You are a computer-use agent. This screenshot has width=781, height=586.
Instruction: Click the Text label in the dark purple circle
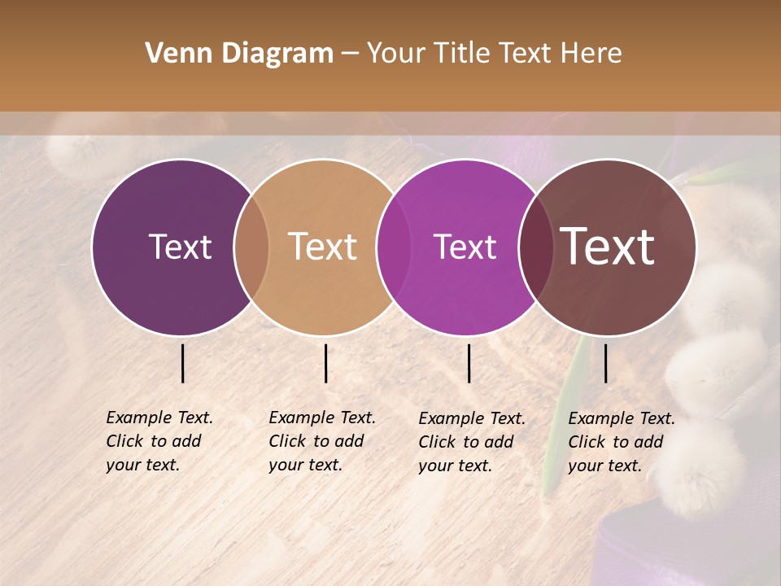tap(180, 247)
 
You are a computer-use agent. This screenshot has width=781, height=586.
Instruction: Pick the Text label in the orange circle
tap(323, 247)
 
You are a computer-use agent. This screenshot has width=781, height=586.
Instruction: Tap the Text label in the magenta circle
tap(465, 247)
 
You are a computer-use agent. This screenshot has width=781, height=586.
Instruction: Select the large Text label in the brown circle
tap(608, 247)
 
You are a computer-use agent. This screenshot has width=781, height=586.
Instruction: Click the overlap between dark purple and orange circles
tap(251, 247)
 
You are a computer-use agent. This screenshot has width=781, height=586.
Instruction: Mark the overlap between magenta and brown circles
tap(535, 247)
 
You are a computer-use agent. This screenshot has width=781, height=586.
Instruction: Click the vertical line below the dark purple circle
tap(182, 363)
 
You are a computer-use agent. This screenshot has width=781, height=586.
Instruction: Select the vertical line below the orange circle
tap(325, 363)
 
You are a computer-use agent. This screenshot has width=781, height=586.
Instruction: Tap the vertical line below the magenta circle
tap(469, 363)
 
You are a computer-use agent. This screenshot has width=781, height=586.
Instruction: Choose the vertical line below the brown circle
tap(605, 363)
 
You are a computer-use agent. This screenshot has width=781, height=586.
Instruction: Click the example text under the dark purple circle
tap(159, 441)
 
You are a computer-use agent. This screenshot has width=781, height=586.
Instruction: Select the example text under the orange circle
tap(321, 441)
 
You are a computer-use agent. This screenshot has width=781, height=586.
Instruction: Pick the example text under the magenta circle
tap(471, 442)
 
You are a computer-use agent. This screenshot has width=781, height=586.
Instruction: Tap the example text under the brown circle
tap(621, 442)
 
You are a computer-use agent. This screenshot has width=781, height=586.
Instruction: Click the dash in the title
tap(350, 55)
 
